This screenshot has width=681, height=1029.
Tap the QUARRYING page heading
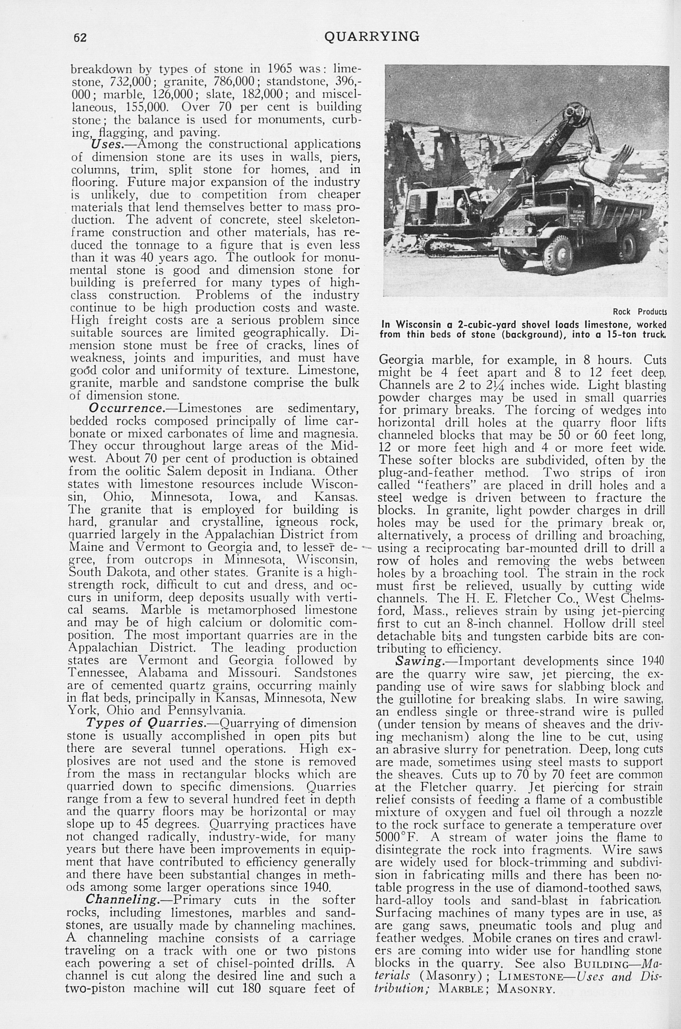pos(372,37)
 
